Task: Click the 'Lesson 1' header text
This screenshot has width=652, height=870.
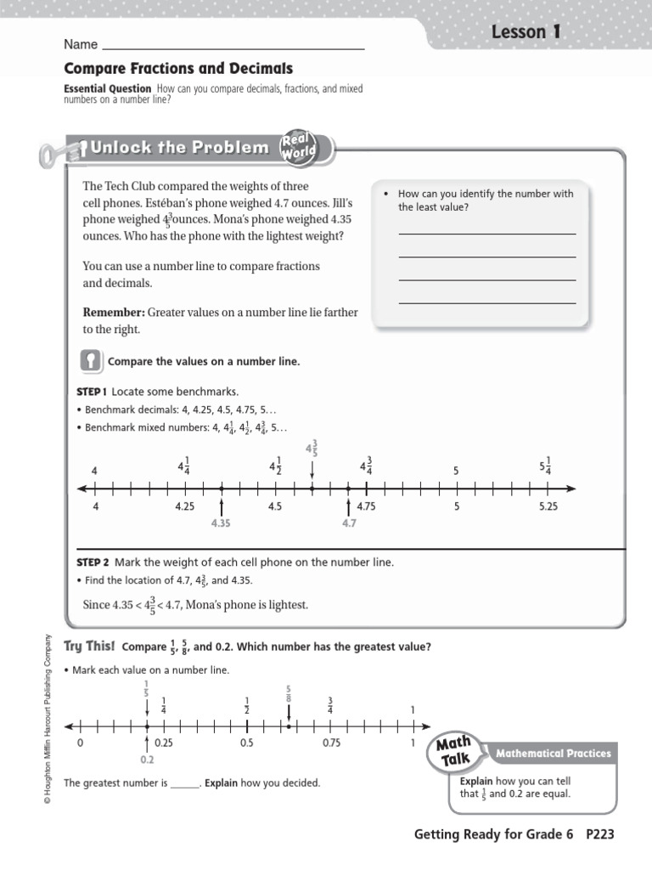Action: [x=526, y=32]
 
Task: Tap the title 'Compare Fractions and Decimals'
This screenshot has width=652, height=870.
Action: [x=178, y=68]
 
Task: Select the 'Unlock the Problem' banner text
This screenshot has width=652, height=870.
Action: [x=179, y=148]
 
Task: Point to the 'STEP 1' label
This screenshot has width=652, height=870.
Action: [x=91, y=392]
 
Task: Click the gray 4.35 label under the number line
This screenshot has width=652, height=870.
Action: [x=221, y=524]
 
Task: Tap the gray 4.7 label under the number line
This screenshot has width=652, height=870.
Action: [x=349, y=524]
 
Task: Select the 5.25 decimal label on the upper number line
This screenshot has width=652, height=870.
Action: [x=548, y=507]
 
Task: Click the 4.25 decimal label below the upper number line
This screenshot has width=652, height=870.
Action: [x=185, y=507]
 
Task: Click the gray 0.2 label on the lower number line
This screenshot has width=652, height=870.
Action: [x=147, y=760]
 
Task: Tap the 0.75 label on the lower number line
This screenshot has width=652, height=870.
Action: [x=331, y=743]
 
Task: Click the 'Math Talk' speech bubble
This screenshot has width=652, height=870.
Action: [x=454, y=751]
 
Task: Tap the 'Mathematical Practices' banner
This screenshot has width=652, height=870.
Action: [x=553, y=753]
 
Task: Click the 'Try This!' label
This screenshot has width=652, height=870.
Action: [x=89, y=647]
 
